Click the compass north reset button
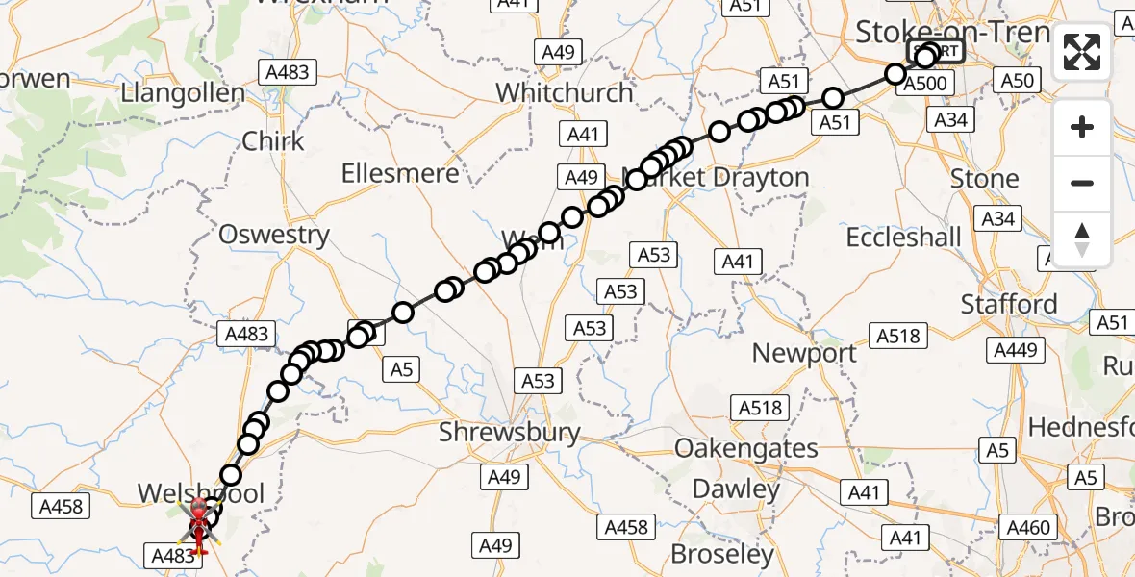coord(1082,239)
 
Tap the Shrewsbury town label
coord(510,432)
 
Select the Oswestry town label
coord(274,235)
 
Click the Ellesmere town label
coord(400,174)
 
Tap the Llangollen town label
coord(183,94)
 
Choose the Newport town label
coord(804,353)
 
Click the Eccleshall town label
coord(903,237)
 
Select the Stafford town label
coord(1009,305)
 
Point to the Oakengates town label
coord(746,448)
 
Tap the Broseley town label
coord(723,554)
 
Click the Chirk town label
coord(273,141)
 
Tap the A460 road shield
coord(1027,527)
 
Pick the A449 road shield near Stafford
coord(1015,350)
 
